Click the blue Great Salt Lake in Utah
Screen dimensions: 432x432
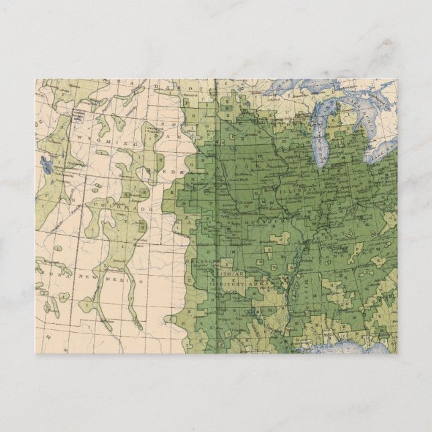tap(46, 163)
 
